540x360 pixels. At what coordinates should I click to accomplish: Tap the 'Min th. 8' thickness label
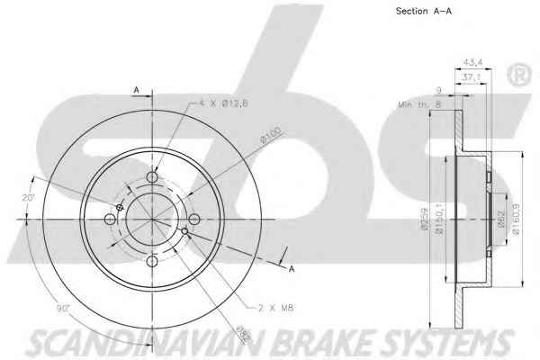419,104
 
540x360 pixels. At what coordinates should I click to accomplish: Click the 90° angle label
66,310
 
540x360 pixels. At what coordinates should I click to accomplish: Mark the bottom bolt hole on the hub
151,262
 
